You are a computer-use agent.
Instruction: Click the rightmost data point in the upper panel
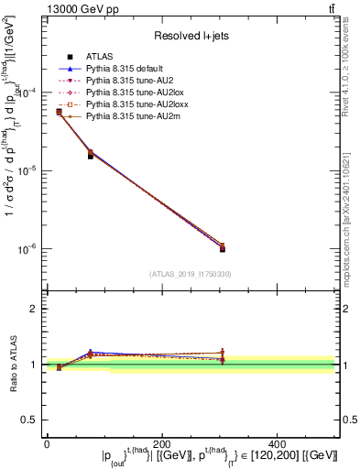pos(279,247)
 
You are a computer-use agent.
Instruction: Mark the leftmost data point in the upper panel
pos(59,112)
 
